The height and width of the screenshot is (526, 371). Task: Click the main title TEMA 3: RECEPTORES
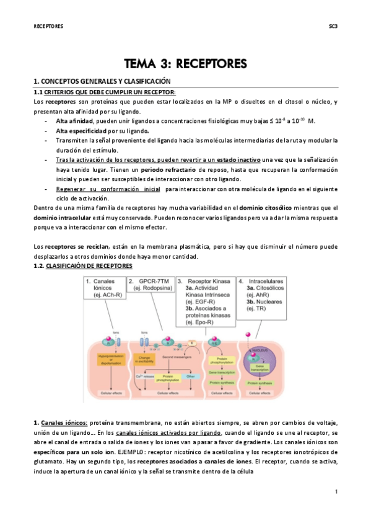[x=185, y=63]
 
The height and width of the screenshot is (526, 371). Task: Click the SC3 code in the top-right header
[x=332, y=27]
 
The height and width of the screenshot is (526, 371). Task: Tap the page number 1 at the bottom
[x=335, y=492]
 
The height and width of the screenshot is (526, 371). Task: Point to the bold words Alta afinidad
[x=74, y=121]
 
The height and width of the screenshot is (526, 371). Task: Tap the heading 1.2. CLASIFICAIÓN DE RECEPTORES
[x=82, y=265]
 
